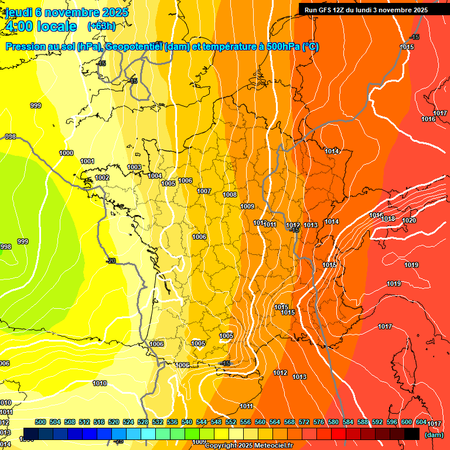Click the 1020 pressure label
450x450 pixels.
409,220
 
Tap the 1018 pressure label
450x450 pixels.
388,219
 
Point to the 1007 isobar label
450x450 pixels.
204,191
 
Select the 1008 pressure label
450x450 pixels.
230,195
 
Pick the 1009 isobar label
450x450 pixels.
247,206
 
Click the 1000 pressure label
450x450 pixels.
66,153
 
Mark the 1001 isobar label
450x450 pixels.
87,161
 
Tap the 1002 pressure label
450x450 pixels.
102,178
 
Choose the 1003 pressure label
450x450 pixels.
134,167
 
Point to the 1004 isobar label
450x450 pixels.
155,176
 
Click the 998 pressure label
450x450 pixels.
5,247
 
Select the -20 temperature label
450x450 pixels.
110,261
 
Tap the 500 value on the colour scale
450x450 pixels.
40,422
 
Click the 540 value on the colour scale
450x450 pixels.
187,422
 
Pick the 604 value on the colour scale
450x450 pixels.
421,422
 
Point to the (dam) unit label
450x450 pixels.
434,435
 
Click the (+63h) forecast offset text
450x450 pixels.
101,26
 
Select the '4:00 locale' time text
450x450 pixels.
40,26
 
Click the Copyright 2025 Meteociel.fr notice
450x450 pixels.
248,445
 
